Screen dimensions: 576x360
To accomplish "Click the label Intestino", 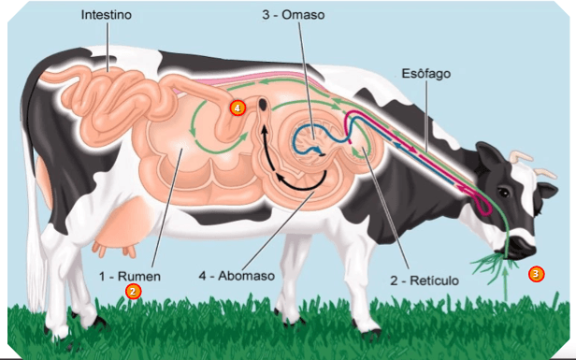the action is point(107,15).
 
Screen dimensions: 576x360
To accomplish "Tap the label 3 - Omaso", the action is point(294,15).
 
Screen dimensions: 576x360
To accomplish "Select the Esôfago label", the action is point(426,74).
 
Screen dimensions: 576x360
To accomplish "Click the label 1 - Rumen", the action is point(130,276).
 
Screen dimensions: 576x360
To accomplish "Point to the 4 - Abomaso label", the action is point(237,276).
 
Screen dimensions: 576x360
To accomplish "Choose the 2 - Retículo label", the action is point(425,281).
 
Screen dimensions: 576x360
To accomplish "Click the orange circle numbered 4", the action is point(238,108).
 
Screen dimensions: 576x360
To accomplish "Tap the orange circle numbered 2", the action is point(133,292).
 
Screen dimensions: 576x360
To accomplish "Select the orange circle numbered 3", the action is point(536,274).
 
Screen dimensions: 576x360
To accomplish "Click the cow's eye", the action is point(504,192).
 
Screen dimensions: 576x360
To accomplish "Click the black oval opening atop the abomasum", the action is point(263,104).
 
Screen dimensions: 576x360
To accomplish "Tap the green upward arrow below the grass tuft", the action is point(506,284).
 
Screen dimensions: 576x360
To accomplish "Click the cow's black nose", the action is point(524,245).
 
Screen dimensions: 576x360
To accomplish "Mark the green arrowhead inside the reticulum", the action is point(354,151).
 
